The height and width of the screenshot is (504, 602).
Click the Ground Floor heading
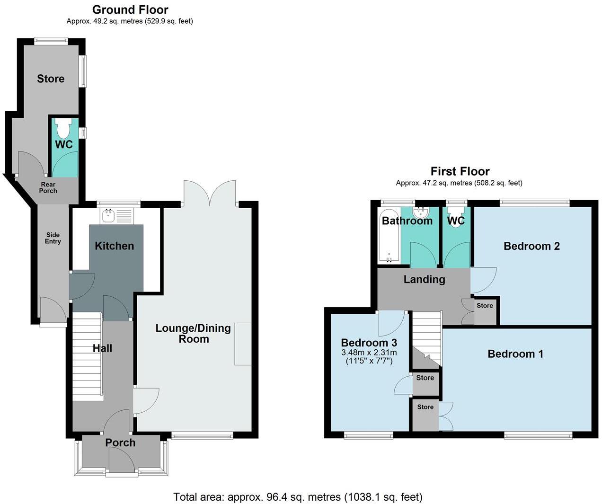tap(130, 9)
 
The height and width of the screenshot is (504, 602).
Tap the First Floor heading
tap(460, 171)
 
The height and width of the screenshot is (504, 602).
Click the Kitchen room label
tap(114, 246)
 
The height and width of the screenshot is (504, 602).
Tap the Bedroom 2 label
tap(531, 246)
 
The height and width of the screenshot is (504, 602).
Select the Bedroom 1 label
tap(515, 354)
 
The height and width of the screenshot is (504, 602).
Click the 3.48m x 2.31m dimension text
tap(369, 353)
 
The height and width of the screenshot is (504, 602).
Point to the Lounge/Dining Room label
tap(193, 333)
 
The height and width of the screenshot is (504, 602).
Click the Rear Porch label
tap(48, 187)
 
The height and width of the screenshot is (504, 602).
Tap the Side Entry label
tap(53, 238)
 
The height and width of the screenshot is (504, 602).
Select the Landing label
tap(424, 279)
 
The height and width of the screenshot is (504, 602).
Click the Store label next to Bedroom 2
tap(485, 306)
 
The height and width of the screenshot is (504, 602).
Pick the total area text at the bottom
tap(298, 497)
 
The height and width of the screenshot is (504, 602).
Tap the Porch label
tap(120, 442)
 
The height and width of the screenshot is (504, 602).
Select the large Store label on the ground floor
tap(51, 79)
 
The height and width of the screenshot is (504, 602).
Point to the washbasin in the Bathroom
tap(420, 212)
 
